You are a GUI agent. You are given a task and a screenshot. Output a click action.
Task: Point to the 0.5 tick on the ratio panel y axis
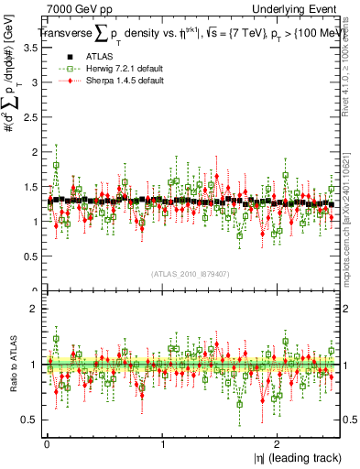pos(31,420)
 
